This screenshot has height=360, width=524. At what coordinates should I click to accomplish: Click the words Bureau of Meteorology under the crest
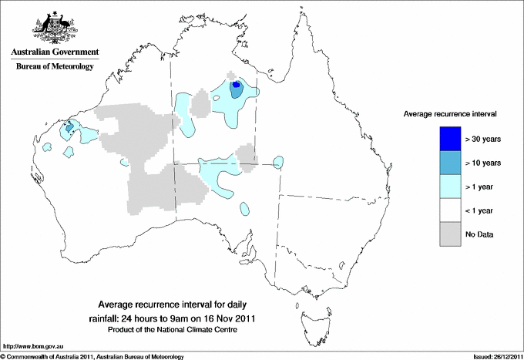point(54,67)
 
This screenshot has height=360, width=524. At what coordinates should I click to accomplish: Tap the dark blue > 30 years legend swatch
point(450,139)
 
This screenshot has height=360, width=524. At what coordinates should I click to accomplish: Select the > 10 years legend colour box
point(450,163)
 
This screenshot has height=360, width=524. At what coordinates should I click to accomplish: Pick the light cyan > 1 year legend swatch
point(450,187)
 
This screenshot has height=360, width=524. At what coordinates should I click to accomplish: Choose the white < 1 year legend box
point(450,210)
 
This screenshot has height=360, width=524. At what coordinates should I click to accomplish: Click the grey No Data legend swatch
point(450,234)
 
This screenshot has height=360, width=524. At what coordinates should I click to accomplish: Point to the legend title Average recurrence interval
point(450,113)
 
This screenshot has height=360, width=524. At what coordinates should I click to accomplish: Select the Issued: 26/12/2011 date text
point(494,356)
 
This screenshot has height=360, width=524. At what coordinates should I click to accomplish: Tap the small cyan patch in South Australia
point(245,208)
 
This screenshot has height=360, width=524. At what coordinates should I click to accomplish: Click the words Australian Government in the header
point(54,52)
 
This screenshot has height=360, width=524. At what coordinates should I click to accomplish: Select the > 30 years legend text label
point(483,139)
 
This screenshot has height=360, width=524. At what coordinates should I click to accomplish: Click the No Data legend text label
point(479,234)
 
